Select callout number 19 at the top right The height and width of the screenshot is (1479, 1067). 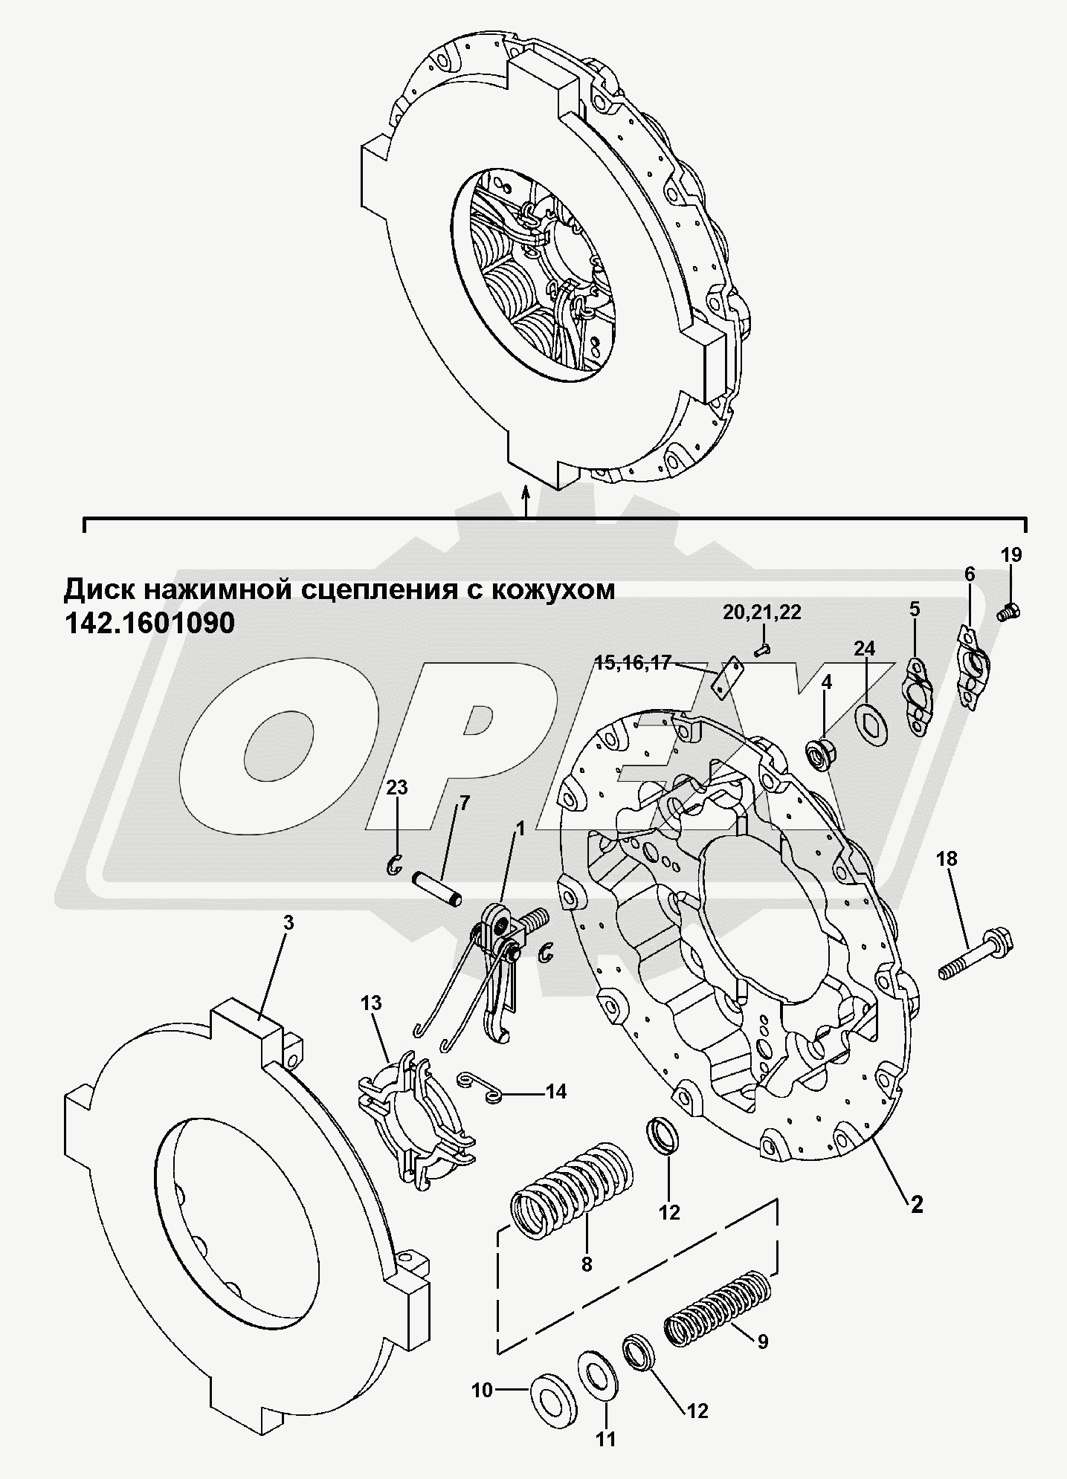(x=1010, y=554)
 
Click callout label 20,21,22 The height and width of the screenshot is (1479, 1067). (x=761, y=612)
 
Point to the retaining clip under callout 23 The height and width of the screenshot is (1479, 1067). (x=396, y=864)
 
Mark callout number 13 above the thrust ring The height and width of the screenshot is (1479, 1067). (x=372, y=1003)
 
